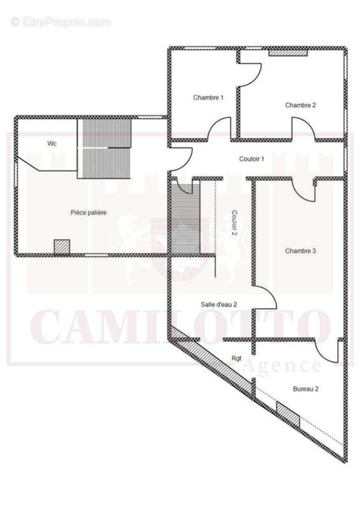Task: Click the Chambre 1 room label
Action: [x=208, y=98]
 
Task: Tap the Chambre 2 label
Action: [x=301, y=105]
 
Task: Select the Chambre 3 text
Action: [x=301, y=251]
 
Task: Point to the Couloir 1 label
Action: [x=252, y=159]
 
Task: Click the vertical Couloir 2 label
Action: [x=234, y=224]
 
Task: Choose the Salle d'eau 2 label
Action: [x=219, y=305]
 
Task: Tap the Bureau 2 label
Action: [x=306, y=389]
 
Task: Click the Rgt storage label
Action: [x=236, y=358]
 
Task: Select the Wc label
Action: [x=52, y=143]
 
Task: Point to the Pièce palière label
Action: [x=89, y=213]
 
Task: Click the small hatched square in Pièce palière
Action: [x=62, y=247]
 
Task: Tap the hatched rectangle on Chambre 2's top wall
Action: [x=288, y=53]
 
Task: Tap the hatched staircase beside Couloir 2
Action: [x=185, y=219]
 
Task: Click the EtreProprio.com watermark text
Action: [x=61, y=22]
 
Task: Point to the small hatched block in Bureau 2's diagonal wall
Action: [x=288, y=415]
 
